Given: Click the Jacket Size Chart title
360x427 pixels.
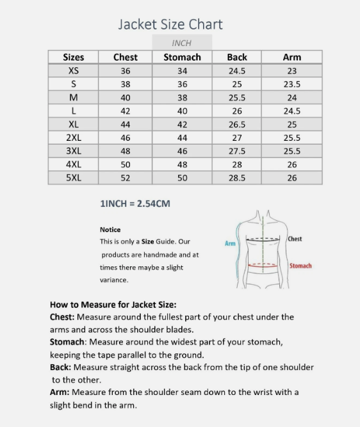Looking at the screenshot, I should point(170,25).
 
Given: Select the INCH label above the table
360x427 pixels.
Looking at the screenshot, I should point(182,43).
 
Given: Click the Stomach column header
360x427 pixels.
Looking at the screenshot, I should point(182,57).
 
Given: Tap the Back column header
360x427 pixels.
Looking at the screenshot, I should point(237,57).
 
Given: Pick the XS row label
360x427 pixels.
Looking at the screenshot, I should point(74,70).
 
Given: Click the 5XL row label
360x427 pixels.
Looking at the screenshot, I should point(74,177).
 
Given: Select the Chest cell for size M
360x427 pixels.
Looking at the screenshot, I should point(126,97).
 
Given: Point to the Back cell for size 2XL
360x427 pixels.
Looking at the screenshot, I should point(237,138).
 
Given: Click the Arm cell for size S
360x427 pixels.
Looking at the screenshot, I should point(292,84).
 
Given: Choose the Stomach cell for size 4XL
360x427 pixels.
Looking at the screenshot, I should point(182,164).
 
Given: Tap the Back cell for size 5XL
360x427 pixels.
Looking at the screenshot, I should point(237,177).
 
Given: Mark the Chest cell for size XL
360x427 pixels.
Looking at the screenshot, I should point(126,124).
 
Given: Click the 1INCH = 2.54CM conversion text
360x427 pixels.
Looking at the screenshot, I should point(135,204).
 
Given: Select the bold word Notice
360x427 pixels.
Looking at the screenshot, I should point(110,229).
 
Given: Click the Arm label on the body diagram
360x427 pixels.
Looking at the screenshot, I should point(230,243).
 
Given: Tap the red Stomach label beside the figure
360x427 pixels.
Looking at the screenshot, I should point(300,266).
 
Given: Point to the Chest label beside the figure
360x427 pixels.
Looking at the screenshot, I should point(295,239).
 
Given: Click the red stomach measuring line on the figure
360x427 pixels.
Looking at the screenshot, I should point(264,264).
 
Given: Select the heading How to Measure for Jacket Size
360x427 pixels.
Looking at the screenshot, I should point(113,304).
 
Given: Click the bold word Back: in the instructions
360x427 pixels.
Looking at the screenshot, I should point(61,367).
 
